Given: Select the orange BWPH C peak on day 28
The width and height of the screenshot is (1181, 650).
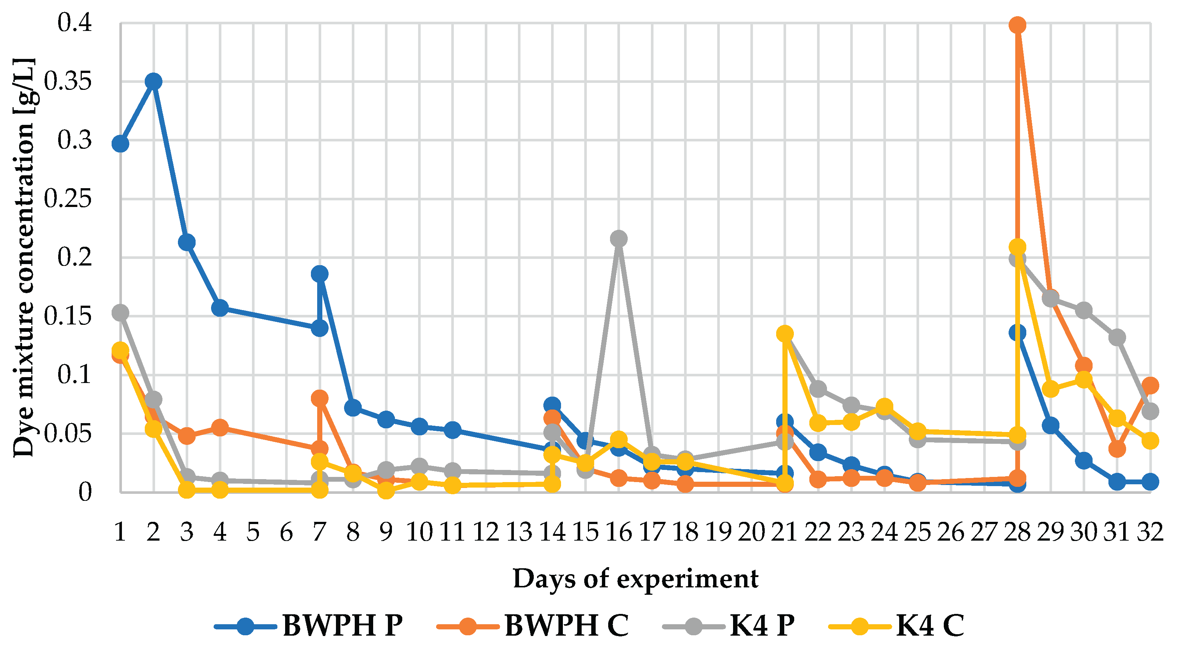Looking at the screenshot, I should [1017, 25].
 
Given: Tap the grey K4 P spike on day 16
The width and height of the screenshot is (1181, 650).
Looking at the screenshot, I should [618, 239].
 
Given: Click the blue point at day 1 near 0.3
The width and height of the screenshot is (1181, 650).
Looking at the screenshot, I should [120, 144].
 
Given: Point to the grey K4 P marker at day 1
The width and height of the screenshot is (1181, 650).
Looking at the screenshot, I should [120, 313].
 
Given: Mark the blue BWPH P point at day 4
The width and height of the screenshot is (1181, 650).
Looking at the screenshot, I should [220, 308].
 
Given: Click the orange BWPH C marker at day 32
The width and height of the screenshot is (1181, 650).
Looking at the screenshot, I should [1150, 386].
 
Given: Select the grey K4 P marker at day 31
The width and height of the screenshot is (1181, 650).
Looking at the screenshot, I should [1117, 338].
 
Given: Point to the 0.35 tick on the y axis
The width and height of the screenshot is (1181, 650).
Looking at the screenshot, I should [68, 82].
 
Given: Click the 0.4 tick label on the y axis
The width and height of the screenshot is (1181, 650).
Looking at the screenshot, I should [75, 23].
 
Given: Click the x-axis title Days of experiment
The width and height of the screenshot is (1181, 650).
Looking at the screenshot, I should [635, 579].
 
